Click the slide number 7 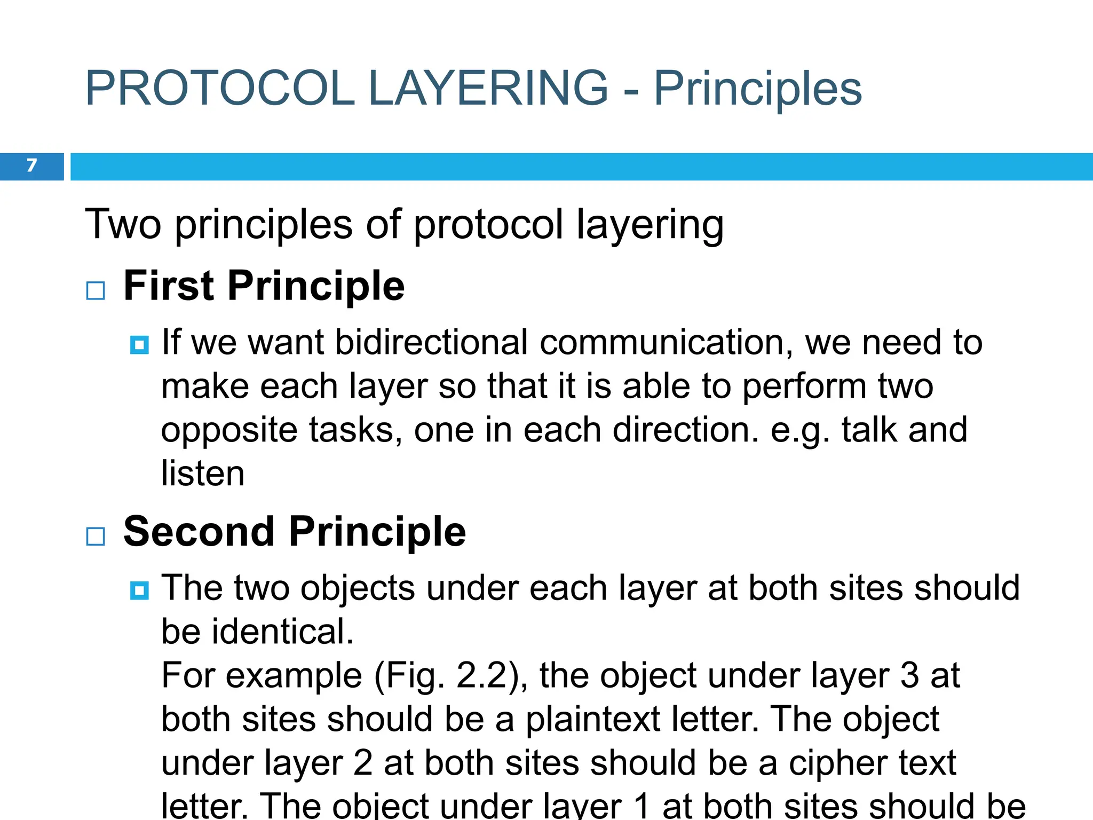(x=31, y=165)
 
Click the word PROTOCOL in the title (x=219, y=89)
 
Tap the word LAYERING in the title (x=488, y=89)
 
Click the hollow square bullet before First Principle (x=96, y=291)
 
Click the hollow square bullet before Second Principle (x=96, y=536)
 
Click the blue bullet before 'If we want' (x=139, y=345)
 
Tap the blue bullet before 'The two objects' (x=139, y=591)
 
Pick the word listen (x=203, y=474)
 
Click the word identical (x=283, y=632)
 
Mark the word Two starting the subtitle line (x=123, y=225)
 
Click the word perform (x=804, y=386)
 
